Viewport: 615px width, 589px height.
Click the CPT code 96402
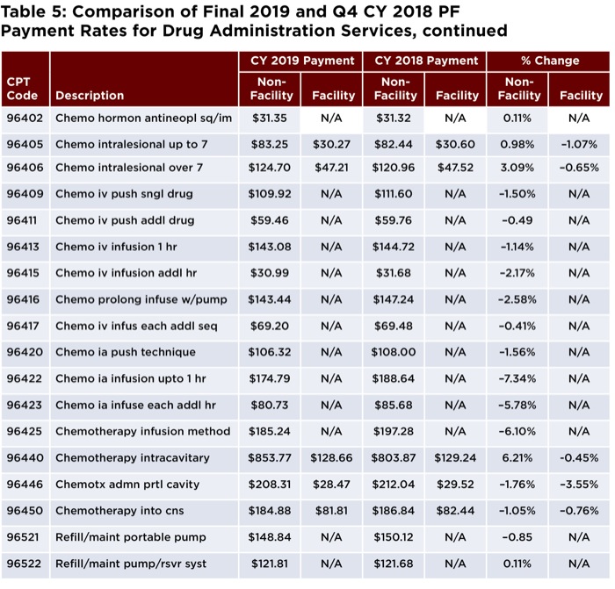pos(25,118)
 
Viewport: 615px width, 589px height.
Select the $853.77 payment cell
pos(270,457)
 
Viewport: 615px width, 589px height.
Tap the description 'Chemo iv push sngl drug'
pos(124,194)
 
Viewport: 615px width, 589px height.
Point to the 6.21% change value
pos(517,457)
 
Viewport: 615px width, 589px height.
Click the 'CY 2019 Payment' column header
pos(302,61)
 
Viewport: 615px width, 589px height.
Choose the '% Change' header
pos(550,61)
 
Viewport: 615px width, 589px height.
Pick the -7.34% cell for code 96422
pos(517,378)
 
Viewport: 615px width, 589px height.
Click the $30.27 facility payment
pos(331,144)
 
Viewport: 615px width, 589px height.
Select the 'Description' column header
pos(90,95)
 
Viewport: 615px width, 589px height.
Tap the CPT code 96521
pos(23,537)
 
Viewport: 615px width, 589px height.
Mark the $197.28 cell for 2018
pos(394,432)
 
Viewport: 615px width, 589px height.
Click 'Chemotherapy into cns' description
pos(119,511)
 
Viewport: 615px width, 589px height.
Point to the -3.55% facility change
pos(579,485)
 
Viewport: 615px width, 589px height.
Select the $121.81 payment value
pos(270,564)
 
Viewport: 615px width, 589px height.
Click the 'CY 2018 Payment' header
pos(426,61)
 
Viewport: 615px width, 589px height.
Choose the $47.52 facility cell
pos(455,168)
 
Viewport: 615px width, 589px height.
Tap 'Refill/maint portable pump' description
pos(131,537)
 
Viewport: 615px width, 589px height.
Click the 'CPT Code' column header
pos(22,89)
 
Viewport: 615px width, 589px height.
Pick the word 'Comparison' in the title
pos(127,11)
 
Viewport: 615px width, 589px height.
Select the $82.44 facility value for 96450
pos(455,511)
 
